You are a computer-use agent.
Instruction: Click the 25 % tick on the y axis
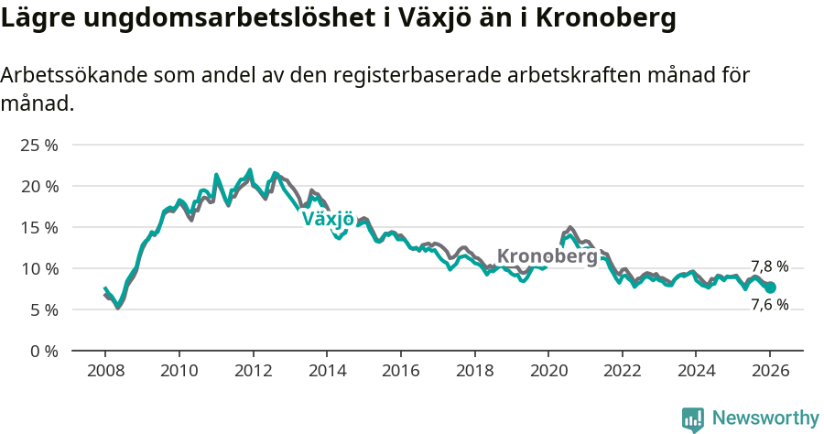[39, 145]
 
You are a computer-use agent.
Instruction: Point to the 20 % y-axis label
[39, 186]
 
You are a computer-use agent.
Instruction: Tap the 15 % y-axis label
[39, 227]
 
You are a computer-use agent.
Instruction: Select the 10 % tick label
[39, 268]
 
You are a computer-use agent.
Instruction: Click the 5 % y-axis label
[44, 309]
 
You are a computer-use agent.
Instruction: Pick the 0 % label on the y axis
[44, 351]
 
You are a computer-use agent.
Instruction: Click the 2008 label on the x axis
[105, 373]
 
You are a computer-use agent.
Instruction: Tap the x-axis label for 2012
[253, 373]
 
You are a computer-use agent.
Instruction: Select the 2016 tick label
[400, 373]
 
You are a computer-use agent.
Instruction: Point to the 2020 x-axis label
[548, 373]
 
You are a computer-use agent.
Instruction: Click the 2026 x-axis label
[769, 373]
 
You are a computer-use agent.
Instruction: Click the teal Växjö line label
[328, 219]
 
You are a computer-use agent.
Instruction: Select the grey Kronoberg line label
[547, 256]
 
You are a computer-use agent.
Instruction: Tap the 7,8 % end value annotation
[769, 266]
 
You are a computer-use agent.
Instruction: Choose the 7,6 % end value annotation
[769, 305]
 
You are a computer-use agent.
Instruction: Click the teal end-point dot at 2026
[770, 288]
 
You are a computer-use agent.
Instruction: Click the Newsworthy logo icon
[693, 418]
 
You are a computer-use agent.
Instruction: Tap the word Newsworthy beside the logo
[765, 418]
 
